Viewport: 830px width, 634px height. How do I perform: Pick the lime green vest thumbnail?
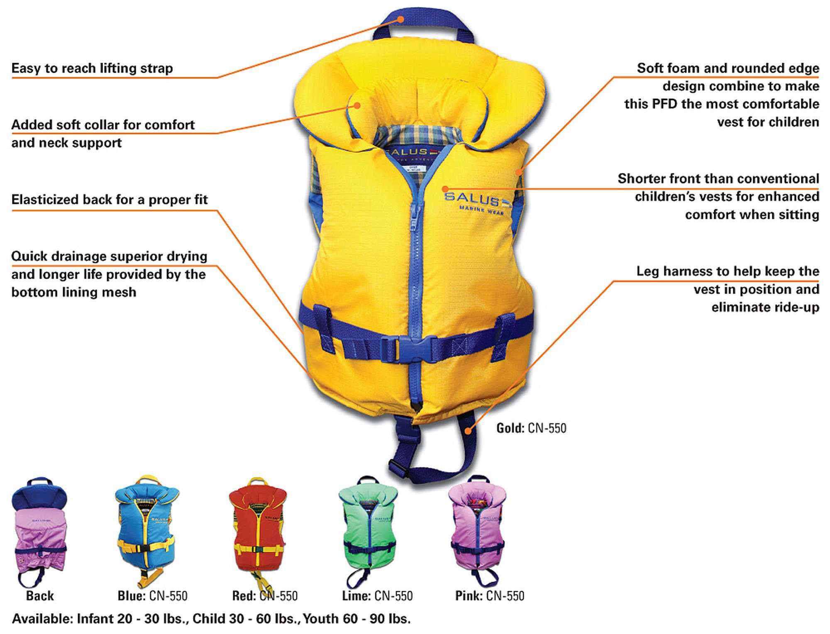tap(369, 529)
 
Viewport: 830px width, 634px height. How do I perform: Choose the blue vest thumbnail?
tap(147, 529)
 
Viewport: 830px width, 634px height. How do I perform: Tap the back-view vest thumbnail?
tap(39, 529)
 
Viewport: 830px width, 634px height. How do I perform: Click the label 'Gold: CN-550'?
tap(531, 428)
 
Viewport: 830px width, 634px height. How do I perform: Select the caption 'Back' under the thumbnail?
tap(40, 596)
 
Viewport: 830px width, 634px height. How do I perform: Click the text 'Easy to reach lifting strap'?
tap(92, 68)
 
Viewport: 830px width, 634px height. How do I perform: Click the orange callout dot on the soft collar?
tap(356, 105)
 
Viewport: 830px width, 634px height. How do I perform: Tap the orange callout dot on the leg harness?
tap(468, 431)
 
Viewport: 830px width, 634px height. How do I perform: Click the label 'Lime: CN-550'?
tap(377, 596)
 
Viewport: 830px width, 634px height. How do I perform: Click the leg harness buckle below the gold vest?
tap(398, 466)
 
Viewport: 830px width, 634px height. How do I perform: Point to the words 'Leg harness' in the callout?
tap(669, 271)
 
